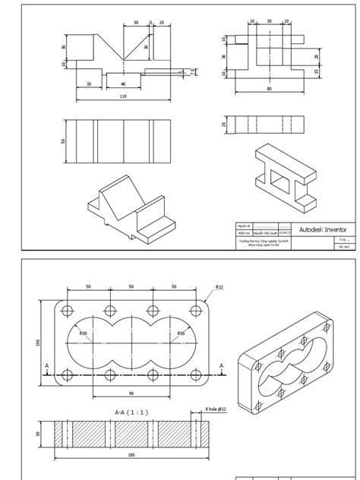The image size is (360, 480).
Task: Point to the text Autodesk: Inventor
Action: (323, 229)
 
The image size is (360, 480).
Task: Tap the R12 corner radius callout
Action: (219, 288)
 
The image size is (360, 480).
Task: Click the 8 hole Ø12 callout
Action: (216, 410)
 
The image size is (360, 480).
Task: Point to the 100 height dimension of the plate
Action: (38, 343)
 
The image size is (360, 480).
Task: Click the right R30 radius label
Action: (181, 333)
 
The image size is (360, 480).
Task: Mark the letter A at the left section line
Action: (47, 366)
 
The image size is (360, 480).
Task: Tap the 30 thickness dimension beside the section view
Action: (39, 434)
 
